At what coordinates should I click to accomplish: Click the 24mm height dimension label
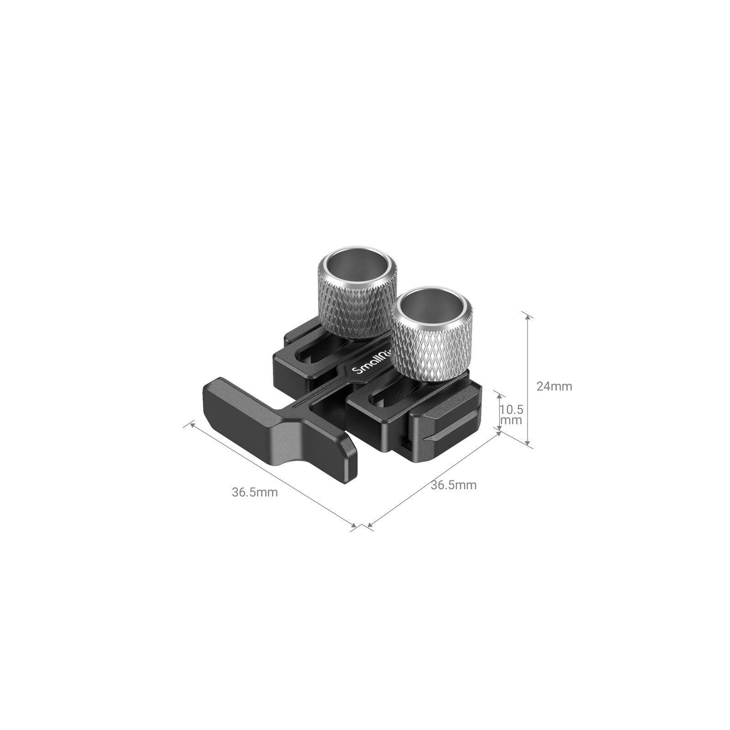point(554,386)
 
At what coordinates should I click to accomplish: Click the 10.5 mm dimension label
point(511,414)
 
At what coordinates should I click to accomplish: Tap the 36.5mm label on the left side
point(255,493)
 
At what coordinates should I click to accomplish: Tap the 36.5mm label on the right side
point(454,485)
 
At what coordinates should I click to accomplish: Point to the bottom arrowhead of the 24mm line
point(528,444)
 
